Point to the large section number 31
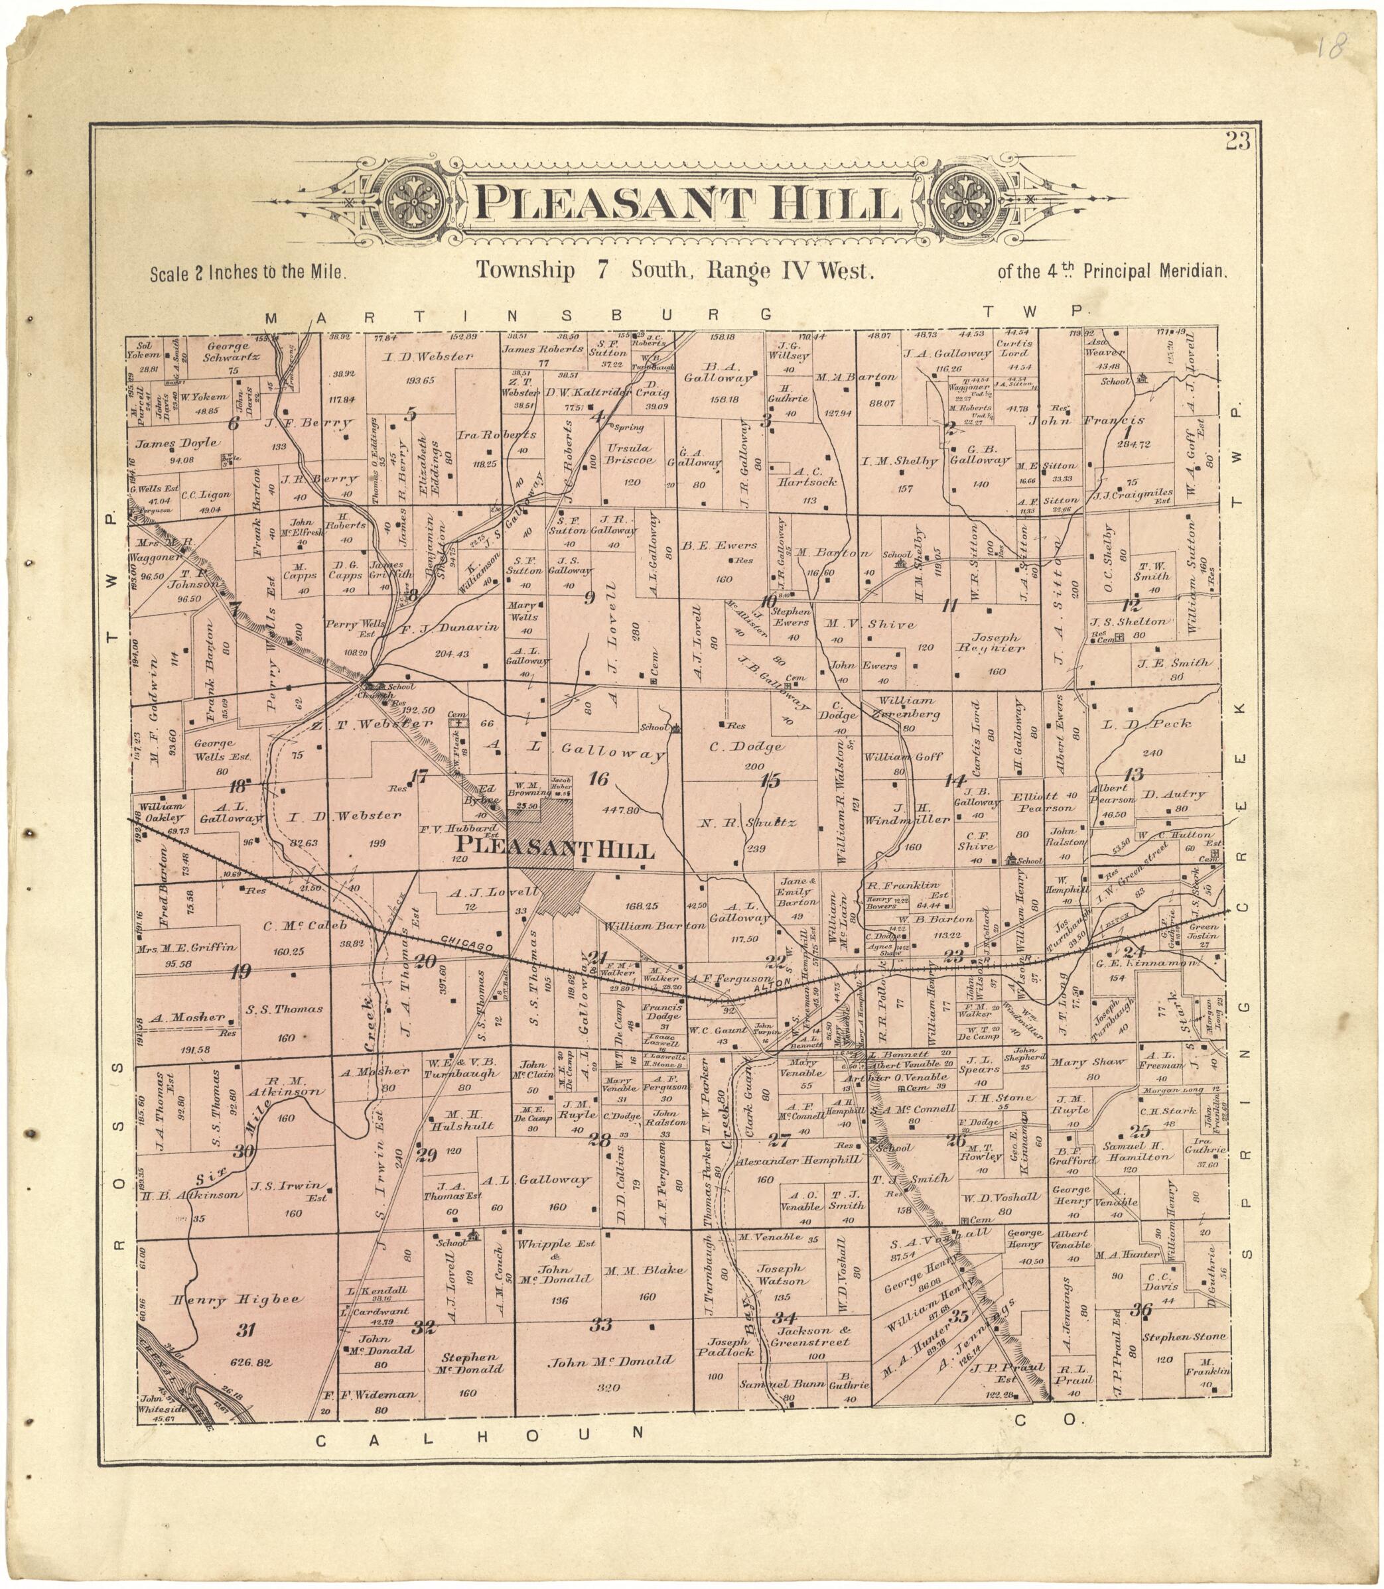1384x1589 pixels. click(x=245, y=1330)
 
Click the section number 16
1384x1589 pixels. click(x=598, y=780)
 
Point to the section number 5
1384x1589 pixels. click(x=411, y=414)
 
